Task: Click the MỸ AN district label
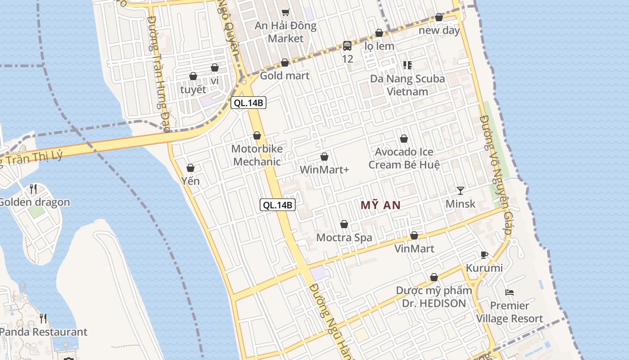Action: [381, 205]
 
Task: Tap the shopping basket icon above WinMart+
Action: [324, 157]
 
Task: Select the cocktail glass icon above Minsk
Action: [461, 190]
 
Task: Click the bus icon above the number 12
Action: [347, 45]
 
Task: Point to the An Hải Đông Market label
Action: [286, 32]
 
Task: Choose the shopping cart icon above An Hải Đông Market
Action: [285, 12]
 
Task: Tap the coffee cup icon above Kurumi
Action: [484, 255]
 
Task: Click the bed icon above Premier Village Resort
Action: [509, 292]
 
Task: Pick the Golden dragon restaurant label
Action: [34, 202]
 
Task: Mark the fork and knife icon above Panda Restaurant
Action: [43, 319]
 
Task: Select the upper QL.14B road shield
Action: [248, 103]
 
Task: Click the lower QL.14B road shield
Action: [278, 205]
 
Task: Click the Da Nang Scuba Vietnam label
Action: [408, 85]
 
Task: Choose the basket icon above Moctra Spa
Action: [344, 224]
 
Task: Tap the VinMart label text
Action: [414, 248]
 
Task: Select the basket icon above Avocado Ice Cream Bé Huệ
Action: [404, 139]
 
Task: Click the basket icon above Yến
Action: [190, 168]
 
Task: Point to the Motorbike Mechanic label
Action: [257, 155]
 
